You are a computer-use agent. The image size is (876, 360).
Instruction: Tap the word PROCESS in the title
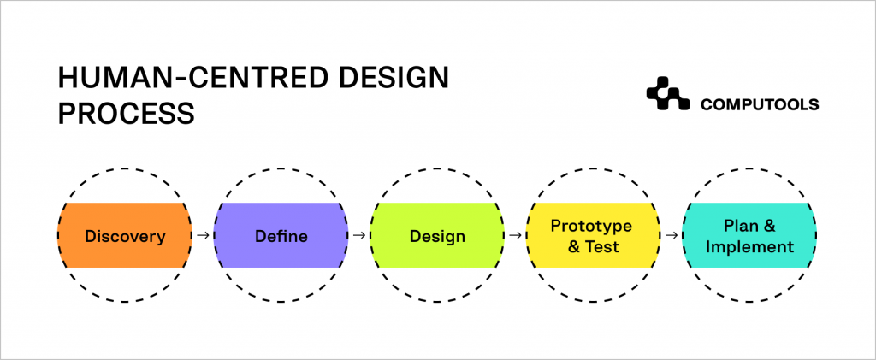point(126,114)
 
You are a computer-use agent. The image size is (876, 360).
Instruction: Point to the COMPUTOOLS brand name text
point(760,104)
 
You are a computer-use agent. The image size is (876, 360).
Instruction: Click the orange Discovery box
point(125,235)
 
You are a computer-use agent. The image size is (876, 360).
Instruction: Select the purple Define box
point(281,235)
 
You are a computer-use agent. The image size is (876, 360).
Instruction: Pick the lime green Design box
point(437,235)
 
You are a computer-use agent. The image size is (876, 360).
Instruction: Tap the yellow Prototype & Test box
point(592,235)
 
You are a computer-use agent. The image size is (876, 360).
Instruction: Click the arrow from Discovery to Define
point(203,235)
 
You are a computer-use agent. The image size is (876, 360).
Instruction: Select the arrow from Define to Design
point(359,235)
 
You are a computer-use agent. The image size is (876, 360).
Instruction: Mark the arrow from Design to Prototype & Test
point(515,235)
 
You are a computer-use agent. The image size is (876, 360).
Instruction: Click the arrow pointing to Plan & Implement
point(672,235)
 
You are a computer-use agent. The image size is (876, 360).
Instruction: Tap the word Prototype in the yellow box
point(591,226)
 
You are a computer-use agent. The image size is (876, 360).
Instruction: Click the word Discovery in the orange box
point(125,236)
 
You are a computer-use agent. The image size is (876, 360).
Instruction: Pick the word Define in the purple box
point(281,236)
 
